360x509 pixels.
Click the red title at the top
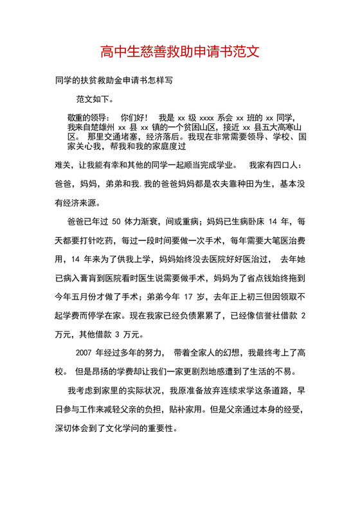pyautogui.click(x=179, y=51)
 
